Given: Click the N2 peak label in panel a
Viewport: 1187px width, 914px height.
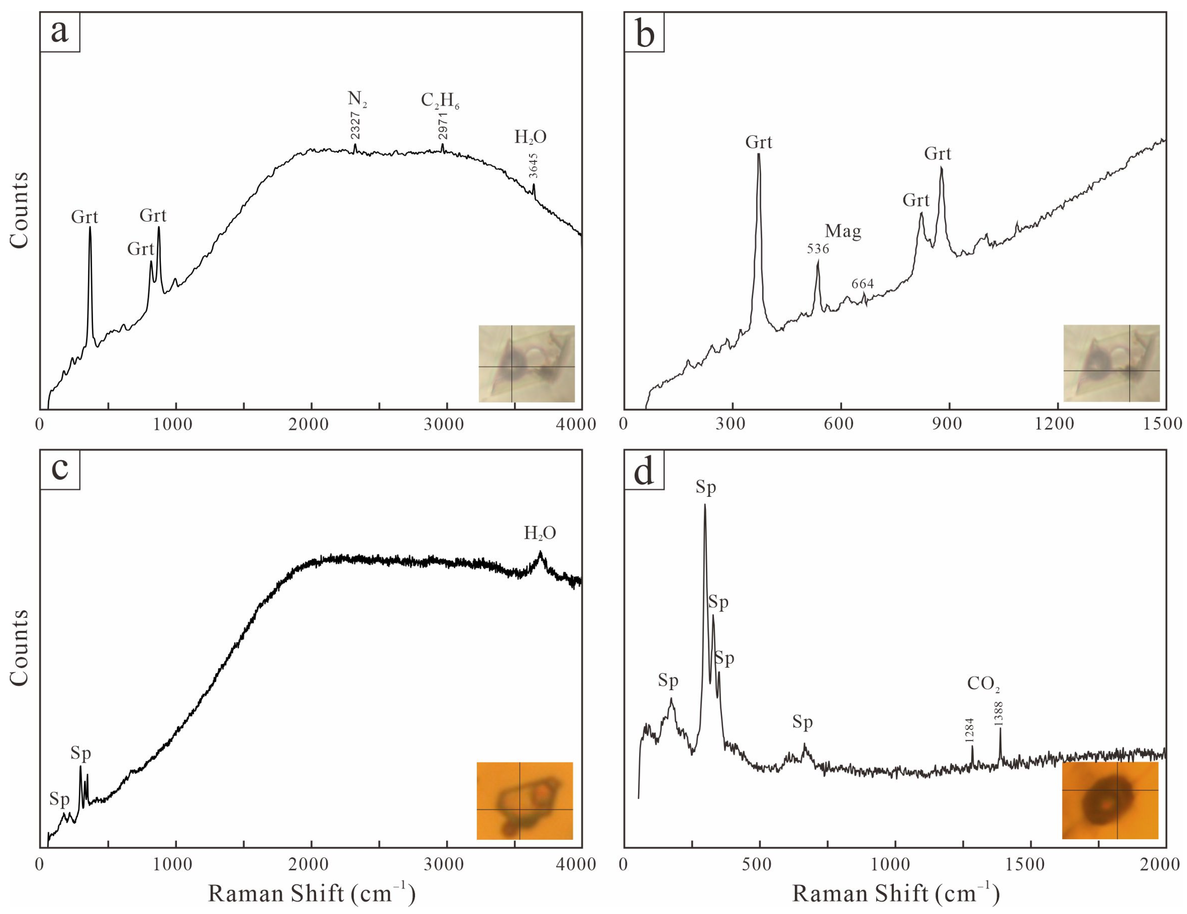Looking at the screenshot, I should click(x=357, y=99).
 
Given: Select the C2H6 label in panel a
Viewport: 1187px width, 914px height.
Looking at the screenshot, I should click(x=440, y=101).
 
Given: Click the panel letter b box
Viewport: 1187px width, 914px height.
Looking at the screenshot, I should click(x=644, y=33).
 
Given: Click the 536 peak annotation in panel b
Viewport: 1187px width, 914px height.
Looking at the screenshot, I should click(x=818, y=249).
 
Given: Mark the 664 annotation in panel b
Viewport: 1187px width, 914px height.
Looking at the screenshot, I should click(x=863, y=284).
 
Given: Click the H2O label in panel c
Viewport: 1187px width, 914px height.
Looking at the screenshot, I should click(x=540, y=533).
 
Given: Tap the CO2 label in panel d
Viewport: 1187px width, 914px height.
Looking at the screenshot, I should click(x=983, y=684).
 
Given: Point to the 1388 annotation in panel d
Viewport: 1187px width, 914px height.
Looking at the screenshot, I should click(x=999, y=714).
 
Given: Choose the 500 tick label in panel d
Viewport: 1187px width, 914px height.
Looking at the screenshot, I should click(x=757, y=864).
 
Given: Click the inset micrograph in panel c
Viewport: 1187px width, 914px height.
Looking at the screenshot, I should click(x=524, y=800).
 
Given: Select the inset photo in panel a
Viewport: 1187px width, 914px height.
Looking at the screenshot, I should click(x=526, y=364).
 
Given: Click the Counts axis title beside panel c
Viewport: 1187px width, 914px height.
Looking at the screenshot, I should click(x=19, y=647).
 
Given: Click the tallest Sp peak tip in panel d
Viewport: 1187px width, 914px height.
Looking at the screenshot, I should click(x=705, y=505).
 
